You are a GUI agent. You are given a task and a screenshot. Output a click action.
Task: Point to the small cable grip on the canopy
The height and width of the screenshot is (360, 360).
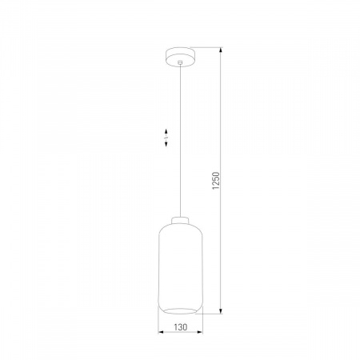pos(179,63)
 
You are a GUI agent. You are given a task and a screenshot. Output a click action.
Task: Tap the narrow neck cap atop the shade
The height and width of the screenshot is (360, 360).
pos(179,221)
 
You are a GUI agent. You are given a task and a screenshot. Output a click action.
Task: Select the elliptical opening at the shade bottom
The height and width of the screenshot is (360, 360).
pos(179,305)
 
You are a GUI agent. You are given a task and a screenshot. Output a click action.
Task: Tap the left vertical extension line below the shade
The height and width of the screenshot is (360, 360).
pos(158,324)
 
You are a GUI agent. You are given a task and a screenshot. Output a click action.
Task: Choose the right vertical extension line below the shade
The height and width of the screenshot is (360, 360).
pos(200,324)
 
